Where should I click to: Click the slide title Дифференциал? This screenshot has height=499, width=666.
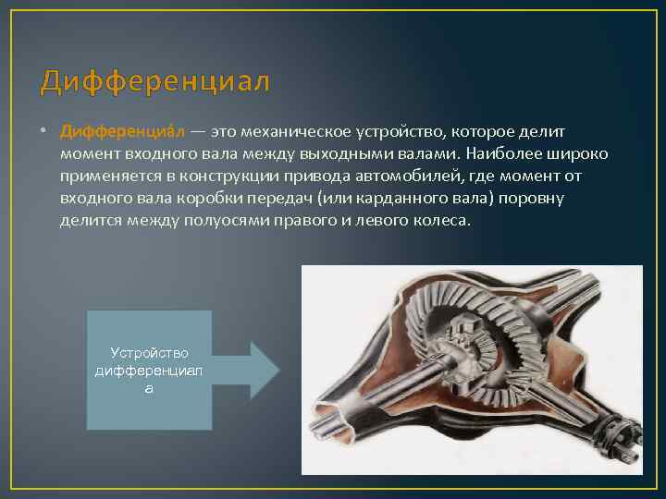pyautogui.click(x=155, y=82)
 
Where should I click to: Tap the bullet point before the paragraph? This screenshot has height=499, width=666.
pyautogui.click(x=45, y=134)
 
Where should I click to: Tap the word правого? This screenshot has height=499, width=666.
pyautogui.click(x=320, y=221)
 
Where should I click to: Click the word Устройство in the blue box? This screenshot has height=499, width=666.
pyautogui.click(x=149, y=353)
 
